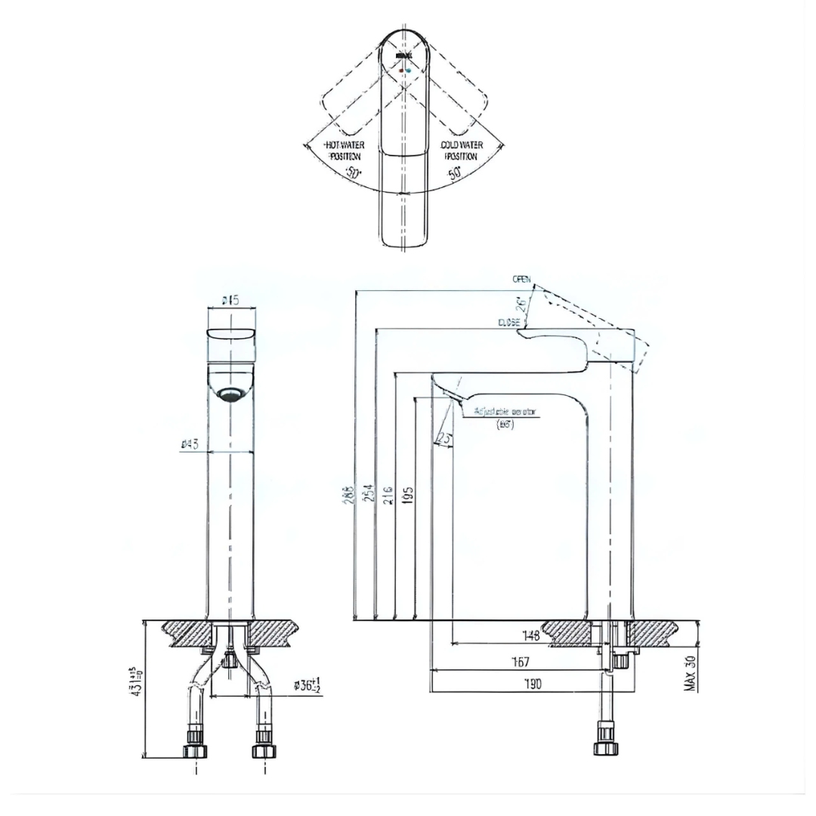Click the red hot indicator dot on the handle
401,70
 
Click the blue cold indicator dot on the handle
410,70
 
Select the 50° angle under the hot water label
353,172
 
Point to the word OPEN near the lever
521,280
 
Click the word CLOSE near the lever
508,322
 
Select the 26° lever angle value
521,303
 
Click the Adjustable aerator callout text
504,413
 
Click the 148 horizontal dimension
531,636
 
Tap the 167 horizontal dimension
521,662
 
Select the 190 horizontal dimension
533,684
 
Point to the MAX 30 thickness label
690,672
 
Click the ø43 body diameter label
190,444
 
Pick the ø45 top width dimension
230,301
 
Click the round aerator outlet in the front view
231,394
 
